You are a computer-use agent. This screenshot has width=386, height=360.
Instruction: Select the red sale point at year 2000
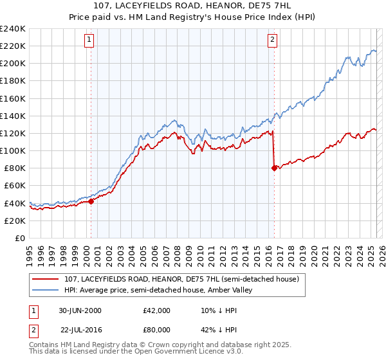[x=91, y=201]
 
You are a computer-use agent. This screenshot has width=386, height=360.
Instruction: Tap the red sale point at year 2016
[x=275, y=168]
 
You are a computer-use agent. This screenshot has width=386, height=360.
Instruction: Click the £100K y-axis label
[x=14, y=150]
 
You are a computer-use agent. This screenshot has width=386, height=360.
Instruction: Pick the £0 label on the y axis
[x=21, y=238]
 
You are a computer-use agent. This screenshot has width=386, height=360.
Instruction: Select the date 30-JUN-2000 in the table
[x=80, y=310]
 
